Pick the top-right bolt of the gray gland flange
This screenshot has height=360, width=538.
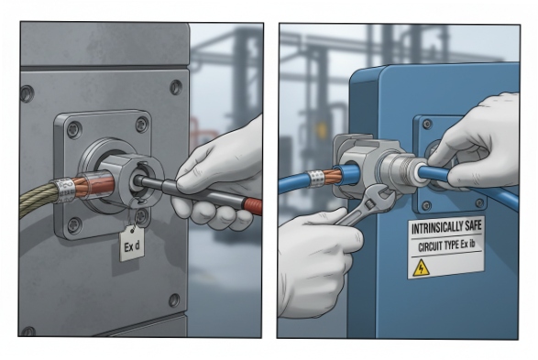[x=141, y=125]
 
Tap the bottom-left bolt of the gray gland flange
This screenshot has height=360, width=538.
[x=74, y=224]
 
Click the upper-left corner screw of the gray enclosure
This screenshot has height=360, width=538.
[x=27, y=93]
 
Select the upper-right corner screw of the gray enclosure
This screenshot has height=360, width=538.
[x=175, y=87]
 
